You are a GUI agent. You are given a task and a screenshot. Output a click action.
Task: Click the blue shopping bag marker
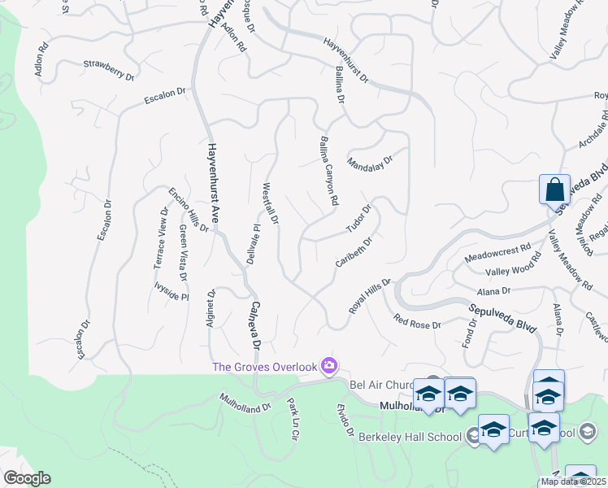tap(554, 190)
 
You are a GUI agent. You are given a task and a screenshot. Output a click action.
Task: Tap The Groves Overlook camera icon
tap(329, 366)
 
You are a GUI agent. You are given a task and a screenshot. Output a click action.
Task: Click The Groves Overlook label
tap(264, 367)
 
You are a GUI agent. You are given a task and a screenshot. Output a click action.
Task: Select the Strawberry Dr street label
tap(108, 69)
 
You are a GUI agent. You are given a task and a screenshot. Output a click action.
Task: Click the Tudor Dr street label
tap(358, 219)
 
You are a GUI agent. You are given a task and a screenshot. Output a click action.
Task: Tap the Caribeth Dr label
tap(354, 253)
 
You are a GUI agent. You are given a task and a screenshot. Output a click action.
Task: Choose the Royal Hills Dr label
tap(371, 296)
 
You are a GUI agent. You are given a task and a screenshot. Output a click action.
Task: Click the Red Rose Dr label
tap(416, 322)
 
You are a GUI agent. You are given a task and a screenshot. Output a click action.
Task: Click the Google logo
tap(26, 478)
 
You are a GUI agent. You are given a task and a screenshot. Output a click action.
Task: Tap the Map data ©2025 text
tap(573, 481)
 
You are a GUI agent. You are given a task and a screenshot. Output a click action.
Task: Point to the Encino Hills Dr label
tap(189, 209)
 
